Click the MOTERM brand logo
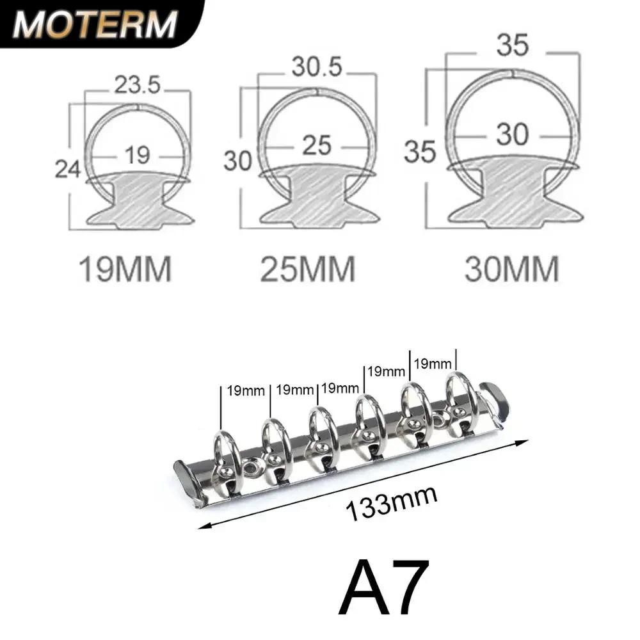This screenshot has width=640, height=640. (94, 24)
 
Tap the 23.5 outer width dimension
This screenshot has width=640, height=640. (137, 84)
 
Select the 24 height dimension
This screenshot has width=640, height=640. (68, 169)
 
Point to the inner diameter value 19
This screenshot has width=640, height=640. (138, 155)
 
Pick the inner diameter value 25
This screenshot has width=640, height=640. (316, 146)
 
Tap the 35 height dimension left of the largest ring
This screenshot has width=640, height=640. (420, 152)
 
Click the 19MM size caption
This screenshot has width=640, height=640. (125, 269)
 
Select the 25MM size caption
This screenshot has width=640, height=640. (308, 269)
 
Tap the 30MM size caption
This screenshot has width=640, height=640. (512, 269)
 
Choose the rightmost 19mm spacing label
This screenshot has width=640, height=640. (433, 364)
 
